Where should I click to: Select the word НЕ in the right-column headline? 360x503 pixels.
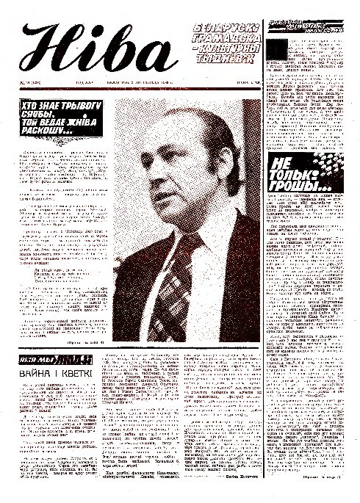point(283,164)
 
